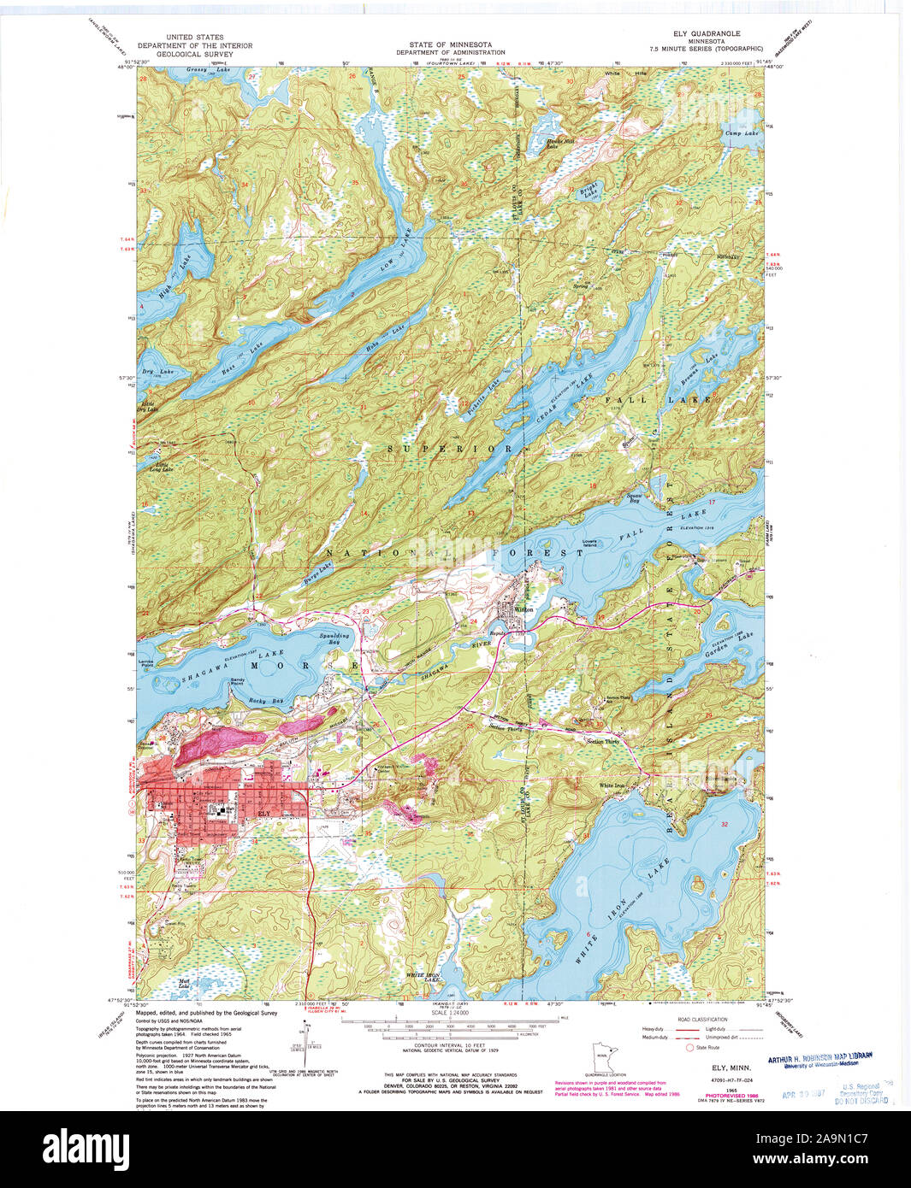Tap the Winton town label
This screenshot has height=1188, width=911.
click(x=524, y=609)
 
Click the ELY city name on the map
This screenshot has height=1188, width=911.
click(x=263, y=813)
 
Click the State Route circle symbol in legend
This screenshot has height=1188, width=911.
click(x=689, y=1047)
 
